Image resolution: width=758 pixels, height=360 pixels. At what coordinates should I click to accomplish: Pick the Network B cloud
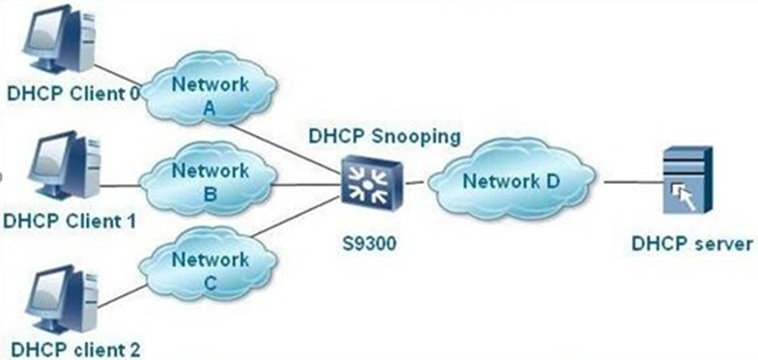(209, 182)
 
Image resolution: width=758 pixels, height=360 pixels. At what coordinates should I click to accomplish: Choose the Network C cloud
(209, 271)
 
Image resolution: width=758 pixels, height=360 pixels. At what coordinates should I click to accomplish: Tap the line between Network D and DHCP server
(629, 181)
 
